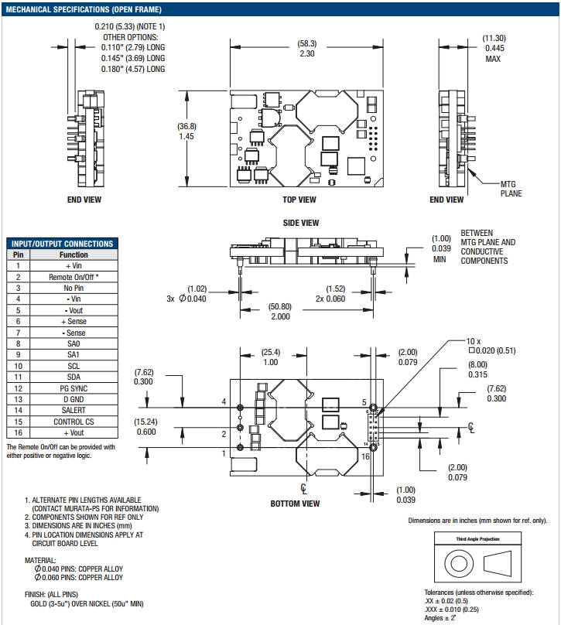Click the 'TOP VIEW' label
tap(299, 200)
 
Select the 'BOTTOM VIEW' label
tap(295, 504)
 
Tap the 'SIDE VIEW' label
tap(301, 223)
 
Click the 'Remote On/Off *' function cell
tap(74, 276)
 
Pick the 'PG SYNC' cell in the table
tap(74, 388)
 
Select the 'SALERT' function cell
tap(74, 410)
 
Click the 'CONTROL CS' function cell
tap(74, 422)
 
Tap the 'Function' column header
tap(74, 254)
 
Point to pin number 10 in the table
tap(17, 365)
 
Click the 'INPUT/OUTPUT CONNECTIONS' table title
tap(61, 243)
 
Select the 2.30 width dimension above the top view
tap(306, 54)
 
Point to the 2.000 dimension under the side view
tap(279, 316)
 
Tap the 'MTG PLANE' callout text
tap(511, 189)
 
